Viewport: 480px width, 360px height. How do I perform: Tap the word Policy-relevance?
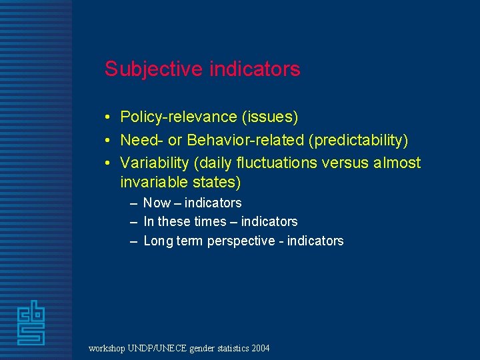tap(179, 117)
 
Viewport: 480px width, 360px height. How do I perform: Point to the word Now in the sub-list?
tap(157, 203)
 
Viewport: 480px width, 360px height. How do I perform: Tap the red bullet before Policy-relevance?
tap(107, 118)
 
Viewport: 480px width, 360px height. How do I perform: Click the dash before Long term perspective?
tap(134, 241)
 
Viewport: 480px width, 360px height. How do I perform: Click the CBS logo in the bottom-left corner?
tap(31, 323)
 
